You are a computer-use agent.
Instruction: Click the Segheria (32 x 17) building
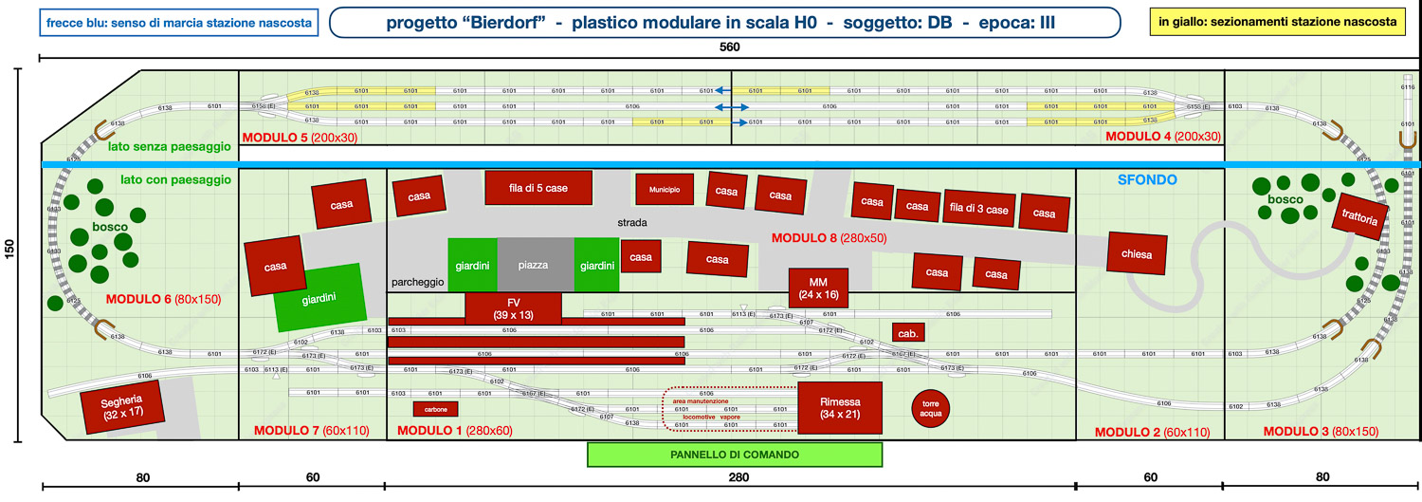coord(120,407)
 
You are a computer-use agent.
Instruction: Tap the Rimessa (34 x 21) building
coord(839,408)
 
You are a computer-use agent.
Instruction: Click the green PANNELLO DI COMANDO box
coord(736,455)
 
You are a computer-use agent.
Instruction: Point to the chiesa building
coord(1136,254)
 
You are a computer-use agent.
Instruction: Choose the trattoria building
coord(1360,216)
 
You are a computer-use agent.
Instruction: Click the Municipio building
coord(665,190)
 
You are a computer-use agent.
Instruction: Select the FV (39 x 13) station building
coord(513,307)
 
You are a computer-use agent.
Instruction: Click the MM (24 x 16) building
coord(818,288)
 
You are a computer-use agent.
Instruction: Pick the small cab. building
coord(907,334)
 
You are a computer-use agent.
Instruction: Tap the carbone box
coord(436,409)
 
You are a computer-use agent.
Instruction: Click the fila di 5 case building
coord(538,188)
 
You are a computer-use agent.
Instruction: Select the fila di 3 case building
coord(979,209)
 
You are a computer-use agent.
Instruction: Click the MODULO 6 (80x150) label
coord(162,299)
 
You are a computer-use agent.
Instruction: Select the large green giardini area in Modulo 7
coord(320,298)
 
